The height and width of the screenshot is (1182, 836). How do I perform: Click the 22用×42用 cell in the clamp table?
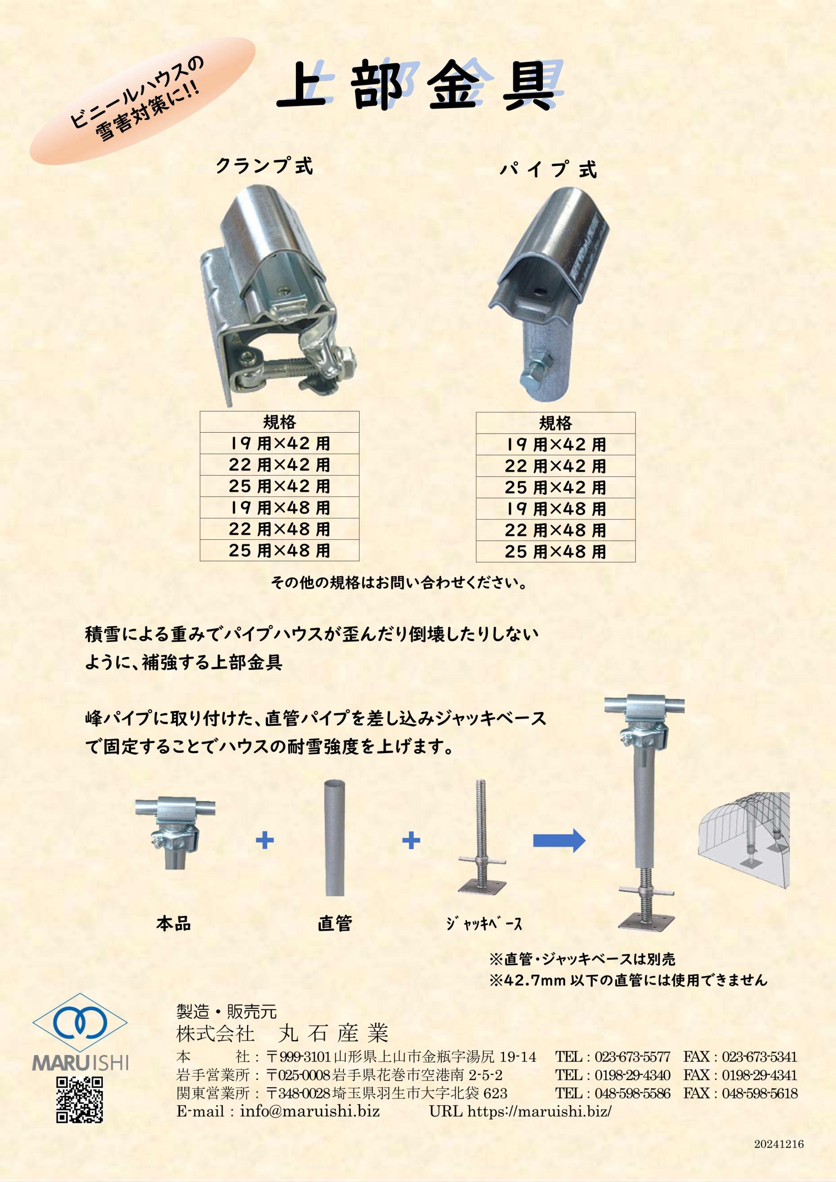[280, 465]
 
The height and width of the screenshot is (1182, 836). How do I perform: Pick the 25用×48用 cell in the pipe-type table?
[555, 551]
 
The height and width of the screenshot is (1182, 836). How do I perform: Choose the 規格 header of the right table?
[555, 423]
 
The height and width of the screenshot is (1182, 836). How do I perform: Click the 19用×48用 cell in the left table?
[280, 507]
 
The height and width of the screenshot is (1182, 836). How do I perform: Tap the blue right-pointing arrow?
[559, 841]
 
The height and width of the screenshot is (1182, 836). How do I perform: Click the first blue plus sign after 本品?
[265, 841]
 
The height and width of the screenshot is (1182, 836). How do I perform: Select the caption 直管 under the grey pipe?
[335, 923]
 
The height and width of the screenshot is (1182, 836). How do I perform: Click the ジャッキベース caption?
[484, 923]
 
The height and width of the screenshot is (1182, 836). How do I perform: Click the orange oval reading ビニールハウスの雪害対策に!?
[142, 100]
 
